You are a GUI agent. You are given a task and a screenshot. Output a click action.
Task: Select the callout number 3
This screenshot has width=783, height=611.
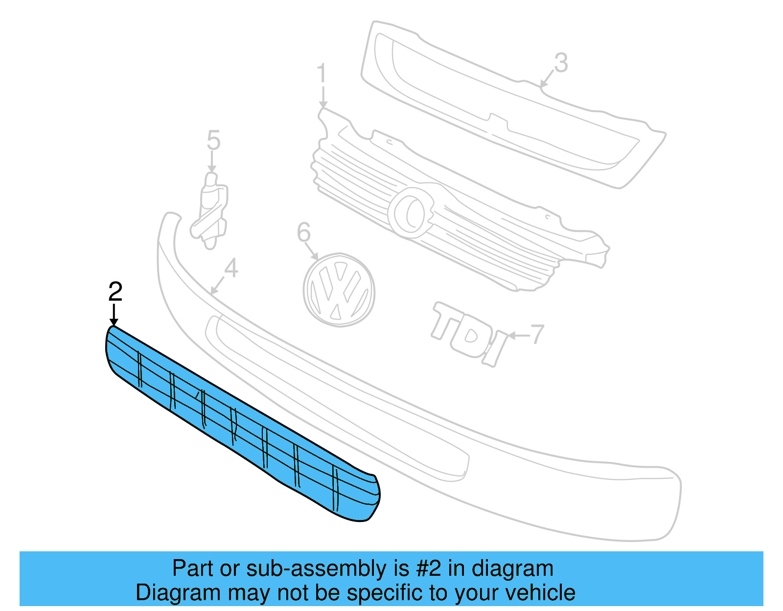click(561, 63)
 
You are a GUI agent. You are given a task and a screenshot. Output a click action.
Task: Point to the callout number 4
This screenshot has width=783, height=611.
click(231, 268)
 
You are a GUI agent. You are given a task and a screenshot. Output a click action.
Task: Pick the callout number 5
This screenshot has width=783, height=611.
click(213, 140)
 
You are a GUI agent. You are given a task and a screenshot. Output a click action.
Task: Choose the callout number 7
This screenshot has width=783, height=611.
click(537, 334)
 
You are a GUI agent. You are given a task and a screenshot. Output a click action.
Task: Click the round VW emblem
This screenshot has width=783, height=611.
click(339, 290)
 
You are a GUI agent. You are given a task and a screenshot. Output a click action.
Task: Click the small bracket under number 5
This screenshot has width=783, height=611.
click(211, 210)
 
